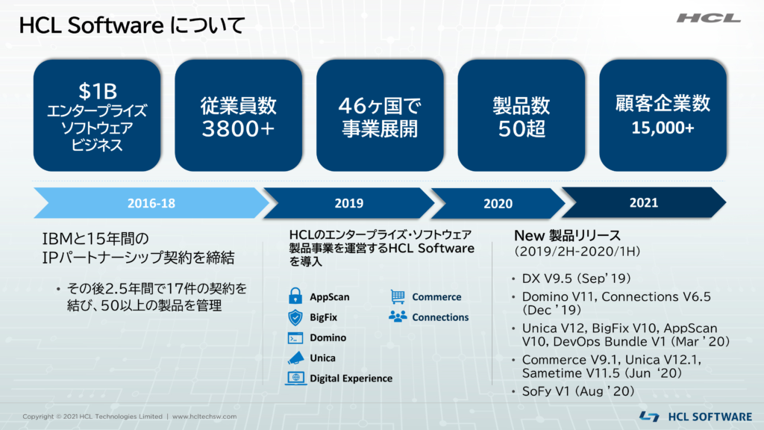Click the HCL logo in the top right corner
point(709,19)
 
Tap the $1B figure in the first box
point(98,91)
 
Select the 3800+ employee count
point(238,128)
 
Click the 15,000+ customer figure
point(663,128)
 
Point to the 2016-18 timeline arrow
point(151,203)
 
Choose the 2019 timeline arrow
point(349,203)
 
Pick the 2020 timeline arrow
point(498,203)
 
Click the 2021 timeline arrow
point(644,202)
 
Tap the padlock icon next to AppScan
point(295,296)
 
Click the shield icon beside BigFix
point(295,317)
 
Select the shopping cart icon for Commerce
point(398,296)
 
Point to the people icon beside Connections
point(398,317)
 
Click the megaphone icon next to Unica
point(295,358)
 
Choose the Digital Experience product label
point(351,378)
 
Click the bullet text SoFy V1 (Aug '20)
point(578,391)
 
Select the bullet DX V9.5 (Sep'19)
point(577,278)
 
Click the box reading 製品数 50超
point(522,115)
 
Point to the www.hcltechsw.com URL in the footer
point(204,417)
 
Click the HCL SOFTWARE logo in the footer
point(696,417)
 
